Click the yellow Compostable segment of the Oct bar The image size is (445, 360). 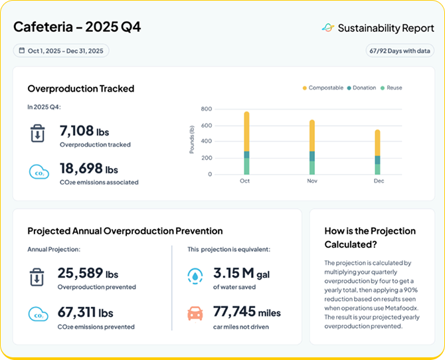246,132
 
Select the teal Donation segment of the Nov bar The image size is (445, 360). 312,156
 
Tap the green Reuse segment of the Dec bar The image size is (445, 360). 377,169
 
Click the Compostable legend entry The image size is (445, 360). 323,88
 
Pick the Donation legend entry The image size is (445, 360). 361,88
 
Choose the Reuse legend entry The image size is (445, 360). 391,88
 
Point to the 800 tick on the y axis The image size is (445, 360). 207,109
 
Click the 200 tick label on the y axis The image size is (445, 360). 207,158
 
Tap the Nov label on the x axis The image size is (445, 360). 312,181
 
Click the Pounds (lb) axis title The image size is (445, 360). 192,139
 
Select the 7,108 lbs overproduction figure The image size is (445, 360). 84,131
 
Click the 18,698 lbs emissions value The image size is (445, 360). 89,168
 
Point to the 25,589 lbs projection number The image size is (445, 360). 88,273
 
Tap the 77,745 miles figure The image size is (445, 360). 247,312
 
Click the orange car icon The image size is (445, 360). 195,314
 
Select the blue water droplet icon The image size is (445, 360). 195,276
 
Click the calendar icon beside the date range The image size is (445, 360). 21,50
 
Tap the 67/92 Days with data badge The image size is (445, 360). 400,51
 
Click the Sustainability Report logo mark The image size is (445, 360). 328,28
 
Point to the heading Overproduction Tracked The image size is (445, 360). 81,88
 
